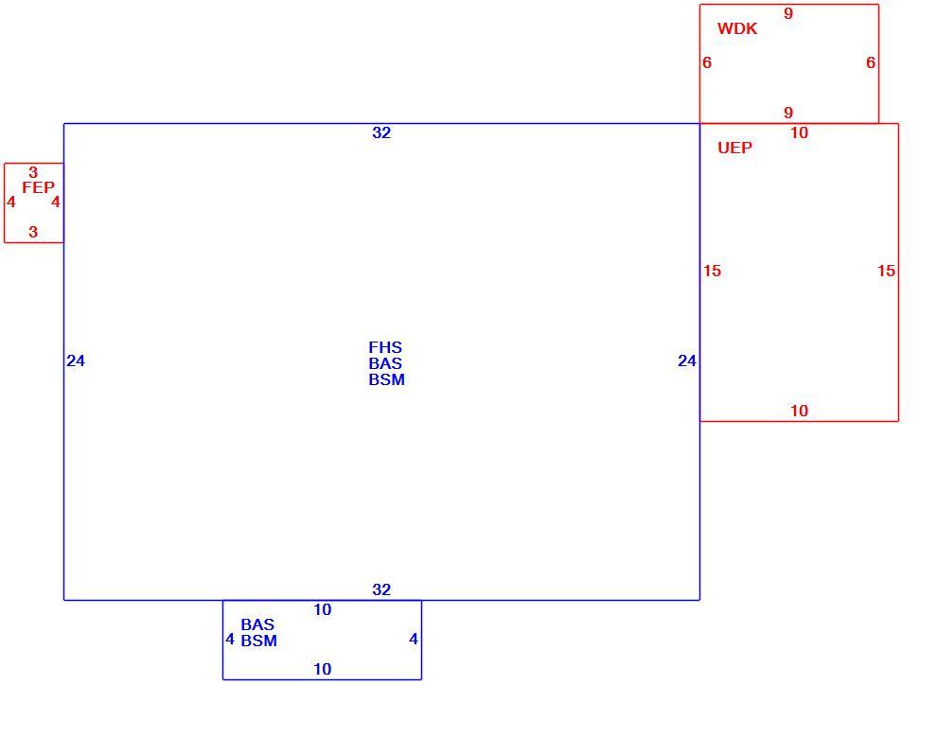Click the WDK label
(x=736, y=28)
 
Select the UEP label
(x=734, y=148)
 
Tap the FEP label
(x=38, y=187)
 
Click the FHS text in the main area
(x=385, y=347)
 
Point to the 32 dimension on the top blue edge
(x=381, y=132)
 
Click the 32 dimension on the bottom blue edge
(x=381, y=589)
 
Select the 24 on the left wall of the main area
(x=76, y=360)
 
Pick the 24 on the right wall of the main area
(x=686, y=360)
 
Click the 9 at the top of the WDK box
(x=788, y=13)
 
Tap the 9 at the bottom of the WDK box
(x=788, y=113)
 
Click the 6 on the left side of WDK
(x=707, y=62)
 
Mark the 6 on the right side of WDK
(x=870, y=62)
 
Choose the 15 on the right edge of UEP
(x=886, y=272)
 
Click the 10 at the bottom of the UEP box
(x=799, y=412)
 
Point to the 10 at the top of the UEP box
(x=799, y=132)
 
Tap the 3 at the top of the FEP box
(x=33, y=173)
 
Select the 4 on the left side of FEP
(x=10, y=202)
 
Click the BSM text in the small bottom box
(x=258, y=641)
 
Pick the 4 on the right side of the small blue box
(x=413, y=640)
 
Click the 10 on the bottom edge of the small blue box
(x=322, y=669)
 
